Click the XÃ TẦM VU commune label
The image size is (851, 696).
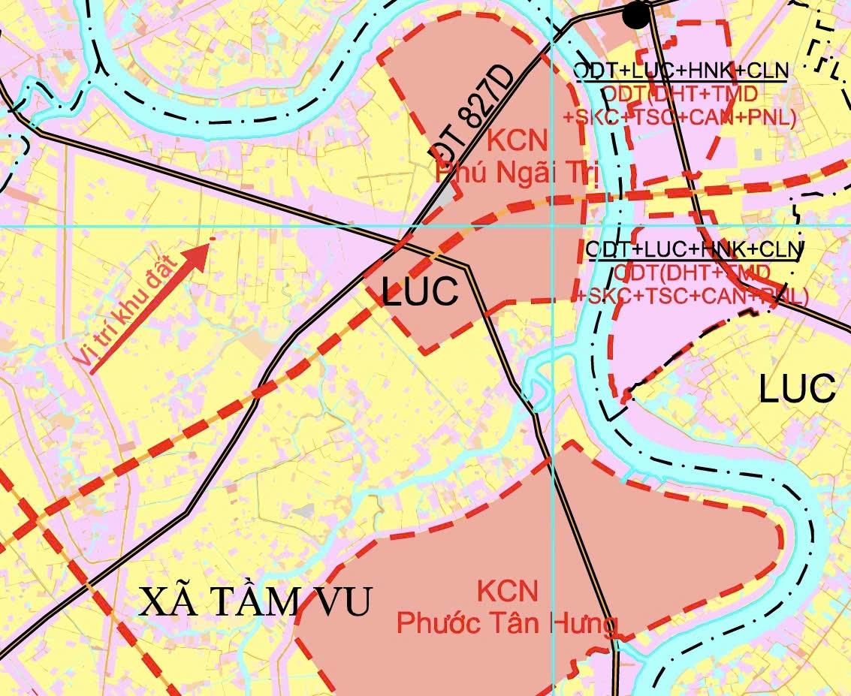pyautogui.click(x=255, y=601)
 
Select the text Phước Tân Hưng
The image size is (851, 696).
pyautogui.click(x=507, y=623)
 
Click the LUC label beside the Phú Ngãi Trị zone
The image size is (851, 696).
pyautogui.click(x=420, y=291)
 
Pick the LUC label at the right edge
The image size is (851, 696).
pyautogui.click(x=797, y=388)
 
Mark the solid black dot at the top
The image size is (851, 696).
pyautogui.click(x=636, y=13)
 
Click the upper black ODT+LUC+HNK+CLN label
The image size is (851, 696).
pyautogui.click(x=680, y=71)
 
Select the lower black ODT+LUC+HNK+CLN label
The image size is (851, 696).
pyautogui.click(x=694, y=249)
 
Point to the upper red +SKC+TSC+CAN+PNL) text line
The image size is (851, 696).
pyautogui.click(x=680, y=118)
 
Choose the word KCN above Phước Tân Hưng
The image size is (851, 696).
pyautogui.click(x=508, y=591)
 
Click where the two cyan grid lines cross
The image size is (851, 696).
pyautogui.click(x=553, y=226)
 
